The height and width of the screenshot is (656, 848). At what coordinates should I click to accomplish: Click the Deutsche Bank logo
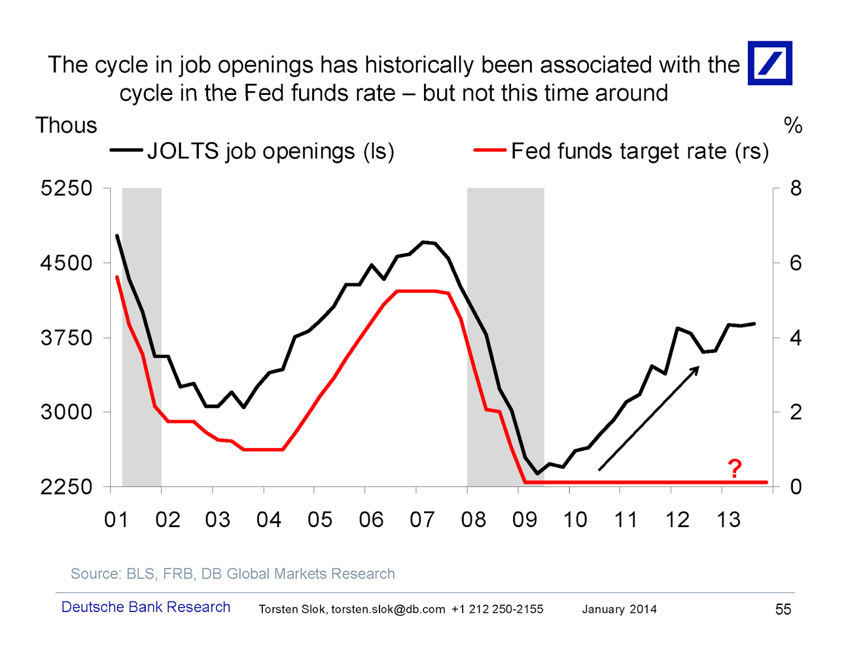click(770, 63)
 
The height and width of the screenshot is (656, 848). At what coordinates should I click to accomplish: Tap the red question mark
click(734, 468)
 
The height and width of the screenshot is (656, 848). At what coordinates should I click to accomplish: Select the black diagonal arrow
click(649, 418)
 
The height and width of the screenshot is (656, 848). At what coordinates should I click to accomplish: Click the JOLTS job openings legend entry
click(252, 151)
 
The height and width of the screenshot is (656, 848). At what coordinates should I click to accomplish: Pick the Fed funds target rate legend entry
click(621, 151)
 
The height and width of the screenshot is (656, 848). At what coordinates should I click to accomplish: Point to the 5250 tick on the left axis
click(66, 188)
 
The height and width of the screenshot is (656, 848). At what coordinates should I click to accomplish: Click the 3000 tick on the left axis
click(66, 412)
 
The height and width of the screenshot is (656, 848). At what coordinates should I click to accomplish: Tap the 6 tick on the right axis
click(796, 263)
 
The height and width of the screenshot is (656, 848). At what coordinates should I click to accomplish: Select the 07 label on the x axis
click(422, 520)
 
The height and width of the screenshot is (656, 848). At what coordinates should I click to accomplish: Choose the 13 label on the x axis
click(728, 520)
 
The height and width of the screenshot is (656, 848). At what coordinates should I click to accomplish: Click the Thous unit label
click(66, 126)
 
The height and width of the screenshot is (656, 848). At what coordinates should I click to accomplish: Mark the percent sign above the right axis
click(793, 126)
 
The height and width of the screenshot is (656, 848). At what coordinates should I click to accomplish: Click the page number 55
click(783, 609)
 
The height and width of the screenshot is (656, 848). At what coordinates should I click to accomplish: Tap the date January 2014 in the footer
click(619, 609)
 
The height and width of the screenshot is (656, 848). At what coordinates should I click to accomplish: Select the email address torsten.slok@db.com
click(388, 609)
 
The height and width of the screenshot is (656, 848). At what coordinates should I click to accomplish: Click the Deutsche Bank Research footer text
click(146, 607)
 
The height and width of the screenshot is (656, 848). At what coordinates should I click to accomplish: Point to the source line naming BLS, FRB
click(233, 574)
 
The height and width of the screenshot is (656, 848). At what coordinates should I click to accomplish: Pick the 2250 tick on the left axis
click(66, 487)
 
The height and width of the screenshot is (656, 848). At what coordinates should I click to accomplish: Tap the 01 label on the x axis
click(116, 520)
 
